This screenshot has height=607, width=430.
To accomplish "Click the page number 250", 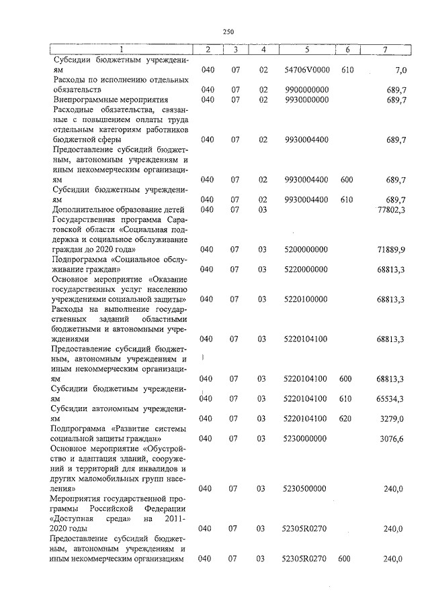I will tap(228, 31).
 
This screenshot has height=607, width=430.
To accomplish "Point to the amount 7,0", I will tap(401, 69).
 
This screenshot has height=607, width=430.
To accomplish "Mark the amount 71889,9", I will tap(391, 250).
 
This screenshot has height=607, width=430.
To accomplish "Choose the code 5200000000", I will tap(306, 250).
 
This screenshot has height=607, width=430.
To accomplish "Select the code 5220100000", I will tap(306, 298).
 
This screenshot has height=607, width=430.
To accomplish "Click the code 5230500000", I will tap(306, 489).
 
